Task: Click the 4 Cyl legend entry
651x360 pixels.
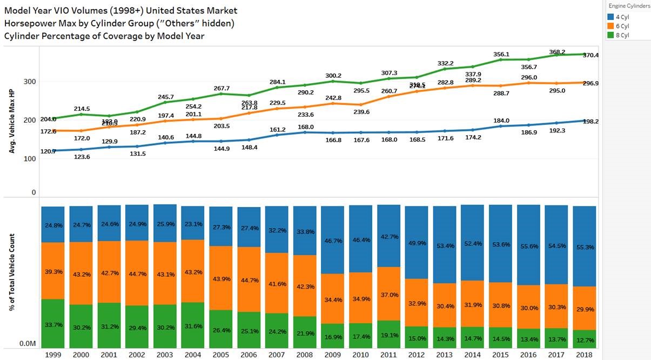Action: pos(622,17)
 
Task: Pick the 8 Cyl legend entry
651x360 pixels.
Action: pos(622,35)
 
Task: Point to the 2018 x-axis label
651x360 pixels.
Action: pos(583,355)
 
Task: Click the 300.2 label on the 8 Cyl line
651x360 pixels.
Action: pos(333,76)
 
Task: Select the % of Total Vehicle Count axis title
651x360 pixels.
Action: pos(11,272)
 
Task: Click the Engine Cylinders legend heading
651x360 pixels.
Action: pos(629,5)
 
